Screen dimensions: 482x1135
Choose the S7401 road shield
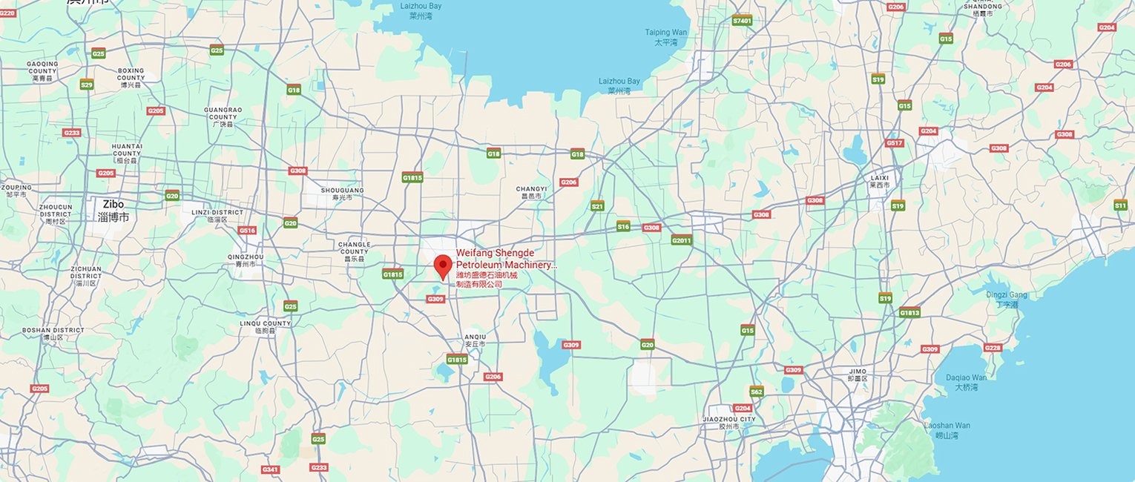(742, 21)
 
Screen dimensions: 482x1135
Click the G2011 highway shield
(681, 240)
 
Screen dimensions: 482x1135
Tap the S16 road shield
(623, 226)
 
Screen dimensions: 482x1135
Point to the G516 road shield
(247, 231)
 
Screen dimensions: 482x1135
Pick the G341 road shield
(270, 469)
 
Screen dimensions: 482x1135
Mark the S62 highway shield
(756, 392)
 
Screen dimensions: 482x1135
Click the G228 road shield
(993, 348)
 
